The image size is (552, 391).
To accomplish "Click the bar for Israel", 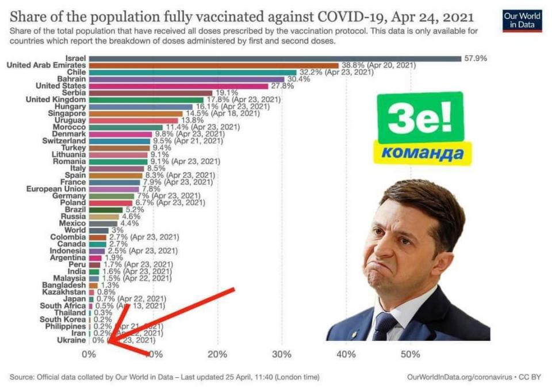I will [x=275, y=59].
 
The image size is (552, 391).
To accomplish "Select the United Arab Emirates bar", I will [x=214, y=66].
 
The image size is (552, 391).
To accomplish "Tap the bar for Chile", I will [x=193, y=73].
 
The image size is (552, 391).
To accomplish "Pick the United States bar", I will [x=178, y=86].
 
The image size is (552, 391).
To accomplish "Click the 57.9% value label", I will [x=476, y=59].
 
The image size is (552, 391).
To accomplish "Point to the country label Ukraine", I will [x=72, y=340].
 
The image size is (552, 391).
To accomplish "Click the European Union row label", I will [x=56, y=189].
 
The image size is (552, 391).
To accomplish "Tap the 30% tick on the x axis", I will [x=282, y=355].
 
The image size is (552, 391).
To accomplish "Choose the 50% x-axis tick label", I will [x=411, y=355].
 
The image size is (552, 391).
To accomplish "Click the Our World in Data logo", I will [x=522, y=21].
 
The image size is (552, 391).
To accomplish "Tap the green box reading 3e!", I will [x=420, y=118].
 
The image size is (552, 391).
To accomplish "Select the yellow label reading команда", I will [x=422, y=153].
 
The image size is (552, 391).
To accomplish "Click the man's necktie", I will [x=384, y=326].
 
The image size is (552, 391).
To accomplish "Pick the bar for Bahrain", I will [x=186, y=79].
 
